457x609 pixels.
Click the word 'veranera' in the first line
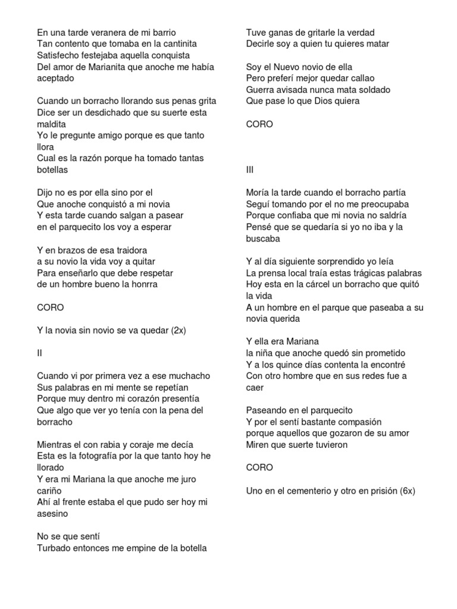click(98, 32)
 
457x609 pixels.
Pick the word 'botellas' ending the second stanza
click(52, 169)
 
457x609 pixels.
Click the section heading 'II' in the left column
click(40, 353)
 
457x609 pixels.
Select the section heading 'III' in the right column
click(250, 169)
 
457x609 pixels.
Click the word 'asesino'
click(53, 514)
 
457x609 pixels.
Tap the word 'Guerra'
click(260, 89)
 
